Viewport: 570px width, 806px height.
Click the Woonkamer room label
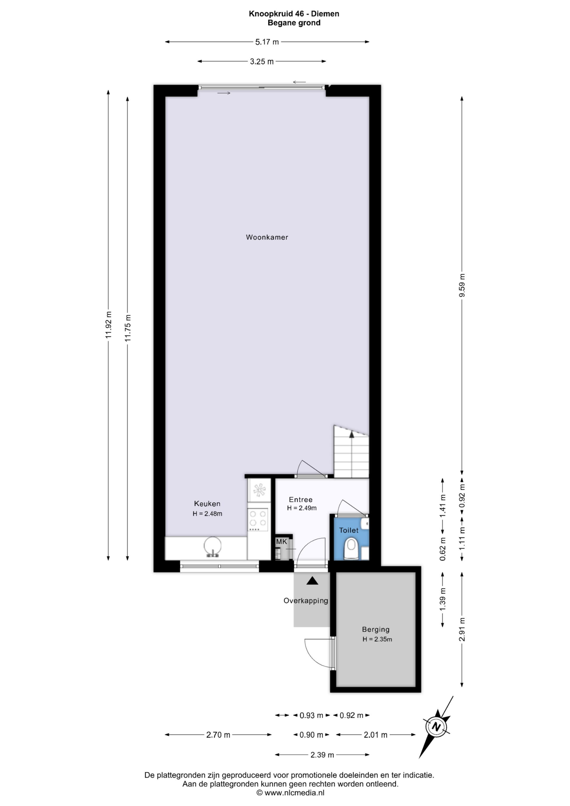click(267, 237)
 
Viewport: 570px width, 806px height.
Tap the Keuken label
click(207, 504)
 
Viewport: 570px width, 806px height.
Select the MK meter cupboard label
click(281, 542)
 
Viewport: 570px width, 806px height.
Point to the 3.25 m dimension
click(262, 62)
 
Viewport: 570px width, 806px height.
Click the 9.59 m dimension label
click(462, 285)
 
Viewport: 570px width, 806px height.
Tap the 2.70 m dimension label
click(218, 735)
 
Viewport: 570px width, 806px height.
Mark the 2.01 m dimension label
click(376, 735)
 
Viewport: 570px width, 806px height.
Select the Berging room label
click(376, 629)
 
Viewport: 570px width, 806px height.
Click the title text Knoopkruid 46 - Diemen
click(294, 14)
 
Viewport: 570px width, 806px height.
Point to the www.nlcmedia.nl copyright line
click(291, 792)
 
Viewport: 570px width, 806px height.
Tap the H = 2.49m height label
click(302, 508)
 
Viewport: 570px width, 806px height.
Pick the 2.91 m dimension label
click(462, 629)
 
